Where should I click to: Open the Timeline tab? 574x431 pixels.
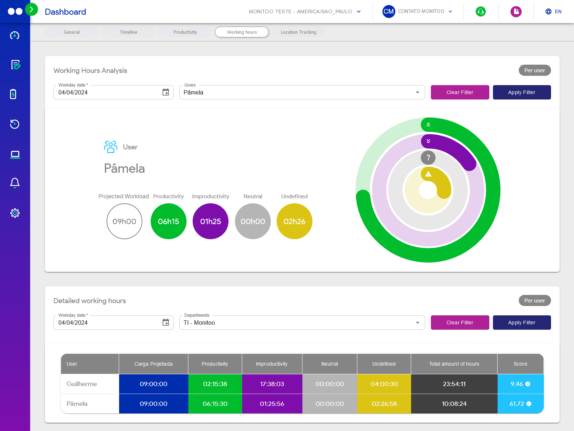128,32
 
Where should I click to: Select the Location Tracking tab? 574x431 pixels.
298,32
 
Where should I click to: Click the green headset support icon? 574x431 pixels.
480,12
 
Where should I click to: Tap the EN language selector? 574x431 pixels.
554,12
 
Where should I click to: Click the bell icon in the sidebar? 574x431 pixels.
15,183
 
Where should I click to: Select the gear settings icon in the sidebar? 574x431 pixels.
15,213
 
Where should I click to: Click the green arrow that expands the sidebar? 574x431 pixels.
32,9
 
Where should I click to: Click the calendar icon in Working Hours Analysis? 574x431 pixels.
166,92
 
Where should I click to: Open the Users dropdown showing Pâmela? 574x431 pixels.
302,92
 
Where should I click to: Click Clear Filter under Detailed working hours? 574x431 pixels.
460,323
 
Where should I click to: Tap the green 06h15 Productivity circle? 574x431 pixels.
169,221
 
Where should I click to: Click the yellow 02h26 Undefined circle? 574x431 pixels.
294,221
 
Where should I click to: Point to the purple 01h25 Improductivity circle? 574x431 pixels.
211,221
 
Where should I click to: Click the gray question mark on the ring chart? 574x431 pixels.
428,158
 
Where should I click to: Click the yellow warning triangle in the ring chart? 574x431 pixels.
428,174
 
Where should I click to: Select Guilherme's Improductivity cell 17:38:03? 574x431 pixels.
272,384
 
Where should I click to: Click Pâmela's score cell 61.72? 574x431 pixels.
520,404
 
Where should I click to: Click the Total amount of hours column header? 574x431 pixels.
454,364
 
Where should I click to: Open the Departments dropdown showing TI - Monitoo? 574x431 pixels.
302,323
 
